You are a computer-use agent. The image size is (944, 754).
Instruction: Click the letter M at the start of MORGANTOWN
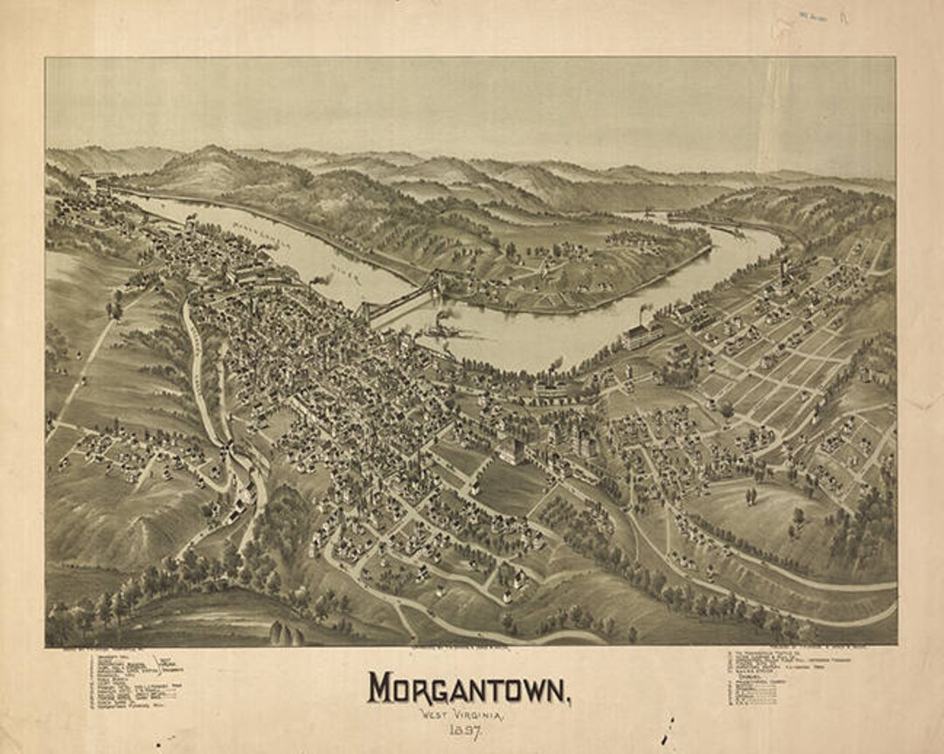pyautogui.click(x=380, y=688)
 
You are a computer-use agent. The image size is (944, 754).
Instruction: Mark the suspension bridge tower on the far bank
pyautogui.click(x=435, y=284)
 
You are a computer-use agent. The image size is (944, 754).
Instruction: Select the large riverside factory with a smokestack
pyautogui.click(x=642, y=334)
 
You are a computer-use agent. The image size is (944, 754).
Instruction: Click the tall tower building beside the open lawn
pyautogui.click(x=514, y=449)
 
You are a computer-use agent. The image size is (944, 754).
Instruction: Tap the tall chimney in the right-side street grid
pyautogui.click(x=783, y=266)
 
